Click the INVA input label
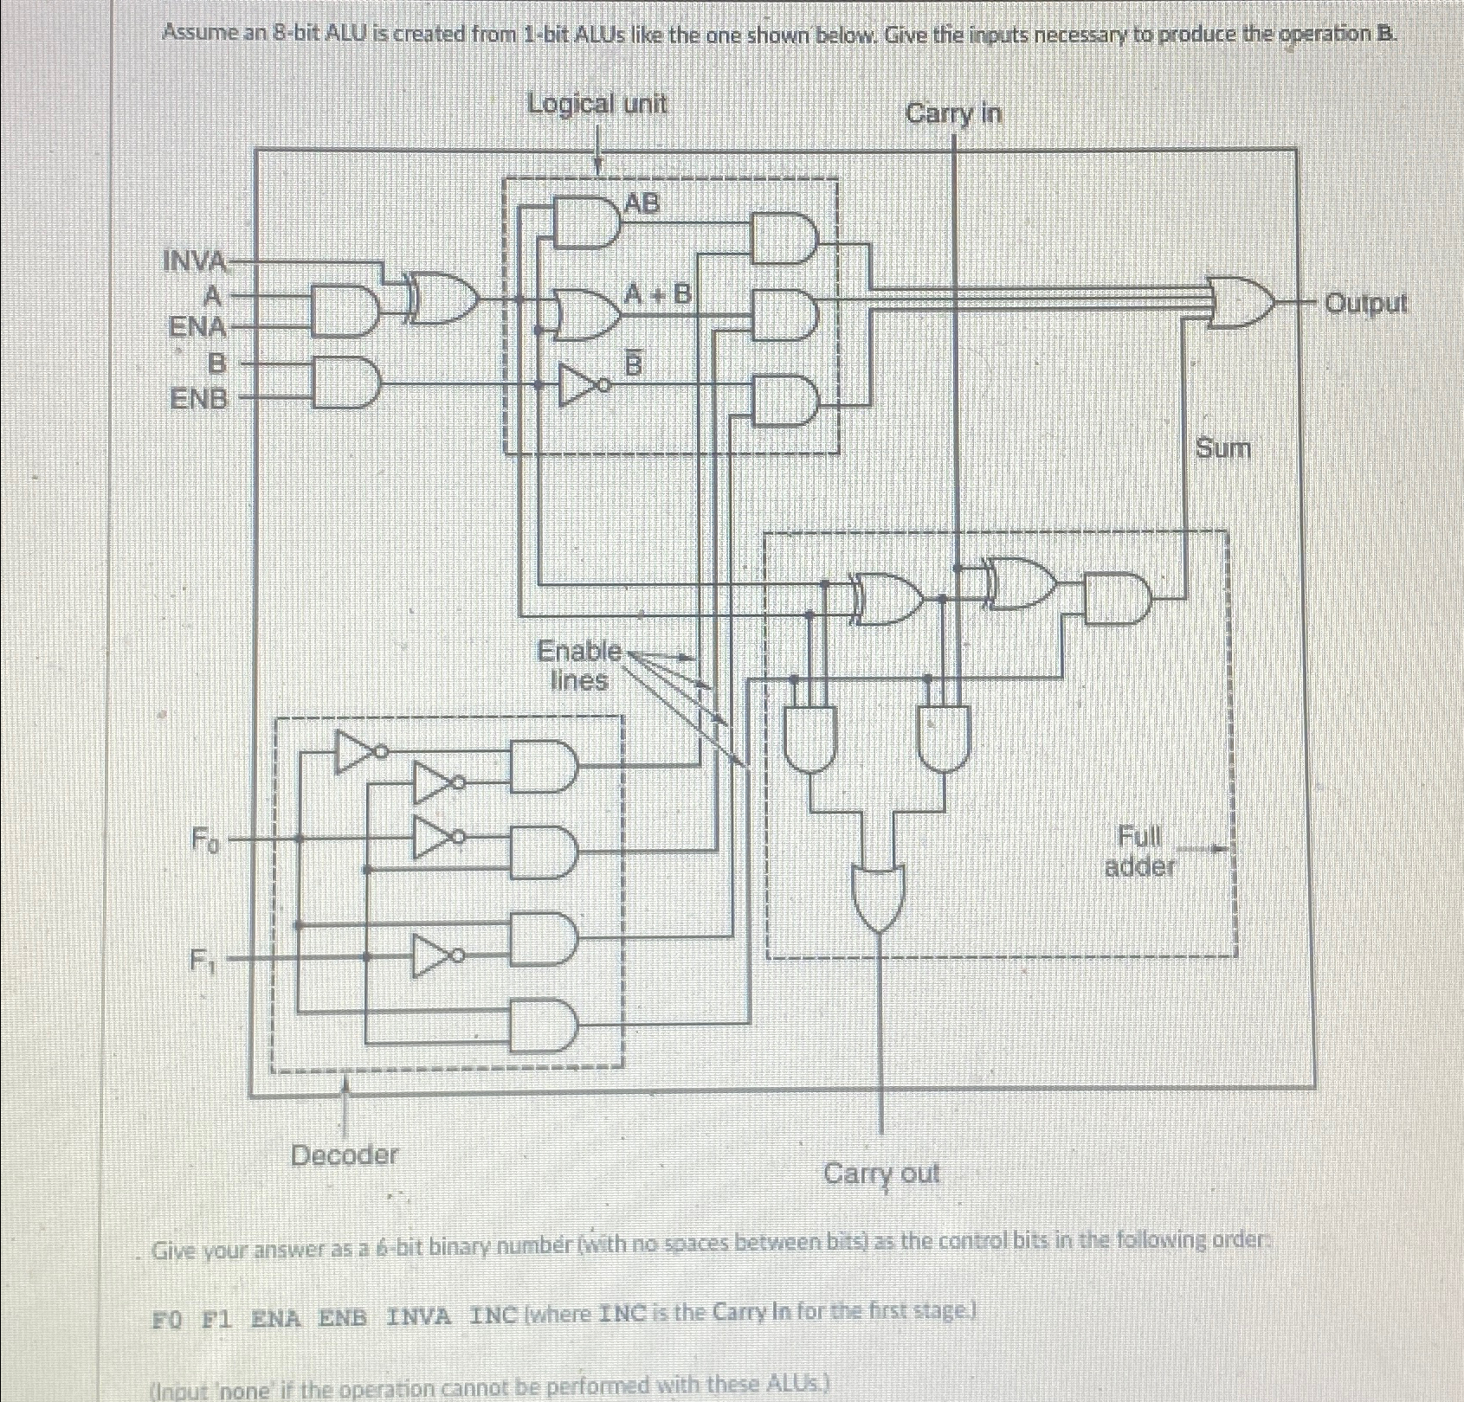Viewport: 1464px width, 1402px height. click(x=196, y=260)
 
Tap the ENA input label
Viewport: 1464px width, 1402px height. click(x=197, y=328)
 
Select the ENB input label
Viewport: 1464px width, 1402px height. click(x=200, y=399)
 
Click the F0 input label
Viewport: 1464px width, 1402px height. click(x=205, y=839)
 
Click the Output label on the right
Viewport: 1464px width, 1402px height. click(x=1367, y=304)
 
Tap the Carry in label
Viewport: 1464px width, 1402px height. click(x=953, y=113)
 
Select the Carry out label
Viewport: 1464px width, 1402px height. click(x=881, y=1174)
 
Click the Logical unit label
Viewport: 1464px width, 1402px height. click(x=597, y=104)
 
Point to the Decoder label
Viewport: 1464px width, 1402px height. click(x=345, y=1154)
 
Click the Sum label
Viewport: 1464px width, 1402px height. click(x=1222, y=448)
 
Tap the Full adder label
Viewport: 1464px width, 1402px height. click(x=1139, y=851)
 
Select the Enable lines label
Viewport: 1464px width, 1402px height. click(x=579, y=665)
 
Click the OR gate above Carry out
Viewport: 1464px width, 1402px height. click(x=880, y=896)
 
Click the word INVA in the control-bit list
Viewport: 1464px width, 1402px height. click(x=419, y=1318)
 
